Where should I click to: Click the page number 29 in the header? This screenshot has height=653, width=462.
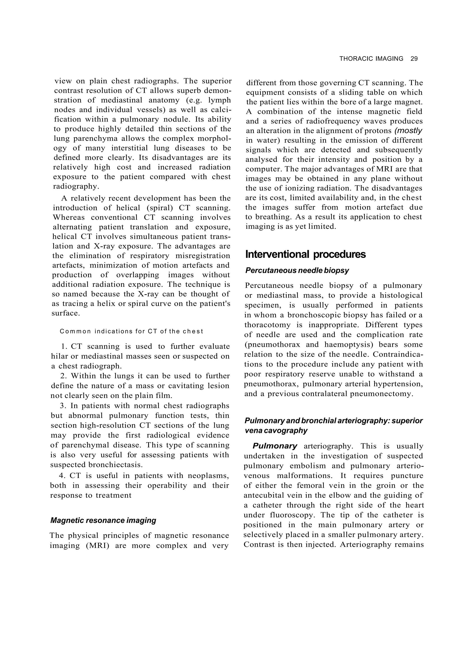(x=414, y=59)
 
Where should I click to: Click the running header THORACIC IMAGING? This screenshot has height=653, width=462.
(x=371, y=59)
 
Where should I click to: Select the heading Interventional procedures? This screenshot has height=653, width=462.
(x=305, y=254)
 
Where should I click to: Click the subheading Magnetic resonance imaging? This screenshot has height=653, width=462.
(x=103, y=520)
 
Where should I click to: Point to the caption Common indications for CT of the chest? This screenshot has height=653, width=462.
(x=132, y=331)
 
